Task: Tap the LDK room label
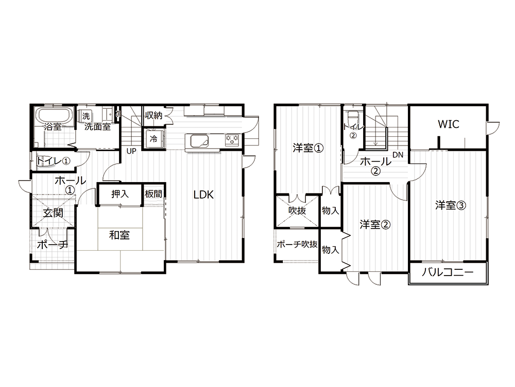tap(203, 195)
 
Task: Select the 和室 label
tap(119, 235)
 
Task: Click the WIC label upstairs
tap(449, 124)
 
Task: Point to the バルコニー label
tap(448, 272)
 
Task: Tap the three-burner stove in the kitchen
tap(232, 139)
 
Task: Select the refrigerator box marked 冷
tap(153, 139)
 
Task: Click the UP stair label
tap(131, 151)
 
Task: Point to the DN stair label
tap(398, 155)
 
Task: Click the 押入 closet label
tap(120, 194)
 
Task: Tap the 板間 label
tap(153, 194)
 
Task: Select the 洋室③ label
tap(451, 205)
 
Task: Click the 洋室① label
tap(308, 148)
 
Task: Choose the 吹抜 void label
tap(297, 210)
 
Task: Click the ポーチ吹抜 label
tap(297, 244)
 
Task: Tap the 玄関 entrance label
tap(53, 213)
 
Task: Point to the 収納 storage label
tap(153, 116)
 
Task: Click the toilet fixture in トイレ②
tap(353, 116)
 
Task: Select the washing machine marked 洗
tap(85, 116)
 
